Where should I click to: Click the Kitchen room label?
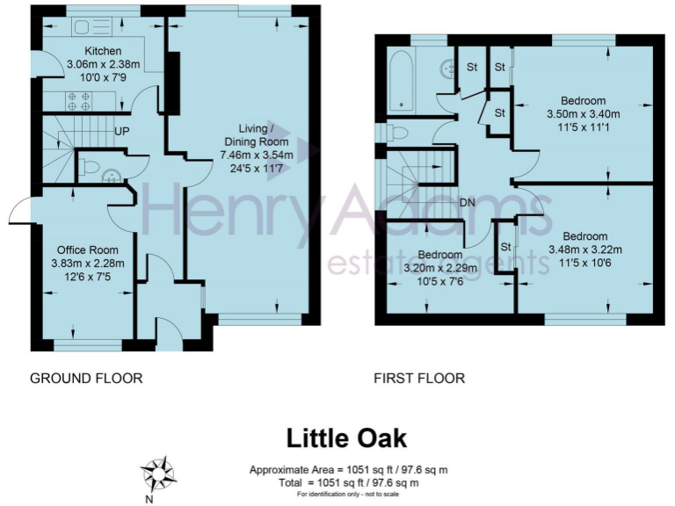tap(103, 51)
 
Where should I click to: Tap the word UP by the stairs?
tap(123, 133)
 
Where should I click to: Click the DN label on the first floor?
tap(468, 203)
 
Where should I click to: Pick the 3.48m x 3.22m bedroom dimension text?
tap(584, 249)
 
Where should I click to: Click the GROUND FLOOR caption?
tap(86, 379)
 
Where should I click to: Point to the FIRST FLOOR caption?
tap(419, 379)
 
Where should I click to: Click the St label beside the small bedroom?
tap(505, 247)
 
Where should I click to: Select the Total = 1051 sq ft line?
tap(347, 482)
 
